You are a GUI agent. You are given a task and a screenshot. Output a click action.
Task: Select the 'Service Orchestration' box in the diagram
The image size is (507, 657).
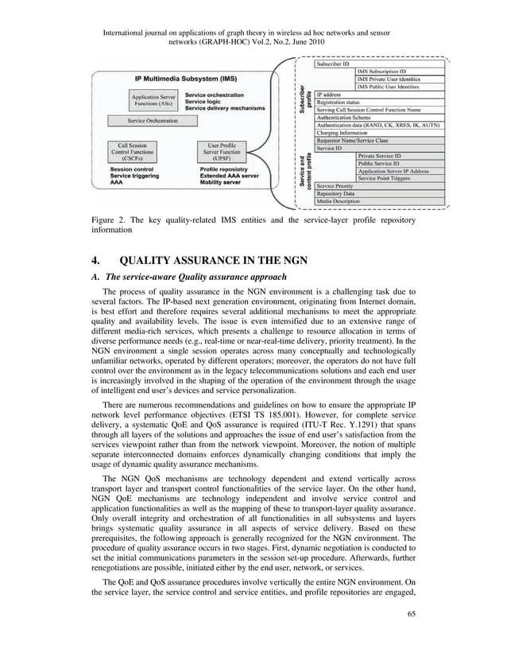[x=153, y=121]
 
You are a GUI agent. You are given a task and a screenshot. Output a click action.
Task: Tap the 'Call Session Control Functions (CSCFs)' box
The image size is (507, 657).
[x=131, y=152]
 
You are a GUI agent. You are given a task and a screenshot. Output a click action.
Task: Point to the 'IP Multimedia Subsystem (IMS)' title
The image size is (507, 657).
[x=184, y=80]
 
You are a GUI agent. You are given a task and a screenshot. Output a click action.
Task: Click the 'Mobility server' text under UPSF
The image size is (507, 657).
[x=223, y=182]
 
